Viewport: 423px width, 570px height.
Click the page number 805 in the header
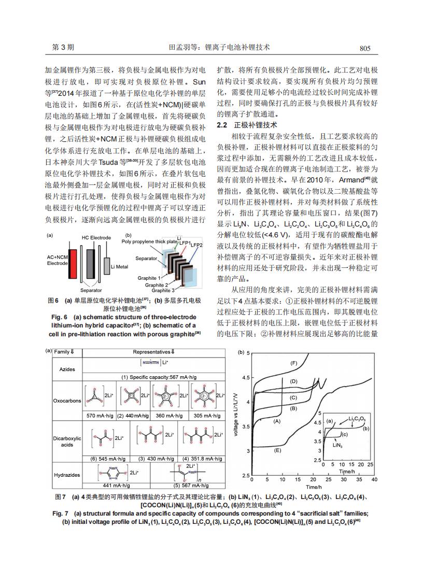pyautogui.click(x=365, y=48)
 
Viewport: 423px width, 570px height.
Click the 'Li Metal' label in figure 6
pyautogui.click(x=119, y=267)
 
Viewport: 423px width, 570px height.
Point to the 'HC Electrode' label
pyautogui.click(x=96, y=237)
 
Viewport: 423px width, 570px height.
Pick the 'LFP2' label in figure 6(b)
pyautogui.click(x=196, y=244)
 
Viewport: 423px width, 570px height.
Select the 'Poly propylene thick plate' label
pyautogui.click(x=148, y=241)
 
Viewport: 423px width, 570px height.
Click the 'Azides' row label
pyautogui.click(x=67, y=369)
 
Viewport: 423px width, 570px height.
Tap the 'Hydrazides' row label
pyautogui.click(x=67, y=475)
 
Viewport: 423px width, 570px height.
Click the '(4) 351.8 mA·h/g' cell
pyautogui.click(x=202, y=459)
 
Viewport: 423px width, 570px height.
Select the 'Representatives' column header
pyautogui.click(x=154, y=351)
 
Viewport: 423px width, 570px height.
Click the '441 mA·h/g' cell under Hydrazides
pyautogui.click(x=115, y=486)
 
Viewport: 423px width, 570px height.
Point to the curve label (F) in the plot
pyautogui.click(x=294, y=363)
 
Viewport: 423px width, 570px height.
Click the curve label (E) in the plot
pyautogui.click(x=278, y=450)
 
